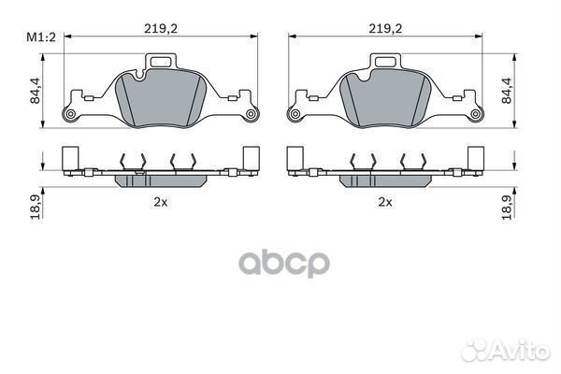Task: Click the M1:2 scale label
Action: tap(41, 37)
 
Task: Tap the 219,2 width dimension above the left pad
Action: tap(161, 28)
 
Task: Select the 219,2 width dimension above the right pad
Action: tap(385, 28)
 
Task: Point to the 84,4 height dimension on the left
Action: tap(36, 91)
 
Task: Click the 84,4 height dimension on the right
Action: tap(507, 91)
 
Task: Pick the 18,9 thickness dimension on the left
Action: tap(36, 208)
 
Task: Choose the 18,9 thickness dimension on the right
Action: tap(507, 208)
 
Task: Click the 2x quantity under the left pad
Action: tap(161, 202)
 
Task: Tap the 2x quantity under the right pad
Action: tap(385, 202)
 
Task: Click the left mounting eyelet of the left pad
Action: tap(70, 114)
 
